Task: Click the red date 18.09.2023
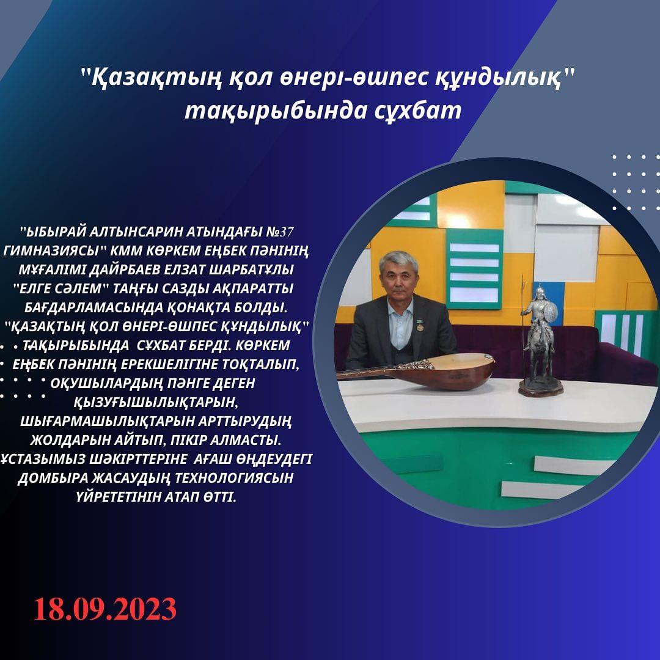pos(105,609)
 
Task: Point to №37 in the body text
pos(280,232)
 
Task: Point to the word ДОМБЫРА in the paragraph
pos(52,478)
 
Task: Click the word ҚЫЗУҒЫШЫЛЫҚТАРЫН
pos(156,402)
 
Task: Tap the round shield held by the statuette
pos(551,312)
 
